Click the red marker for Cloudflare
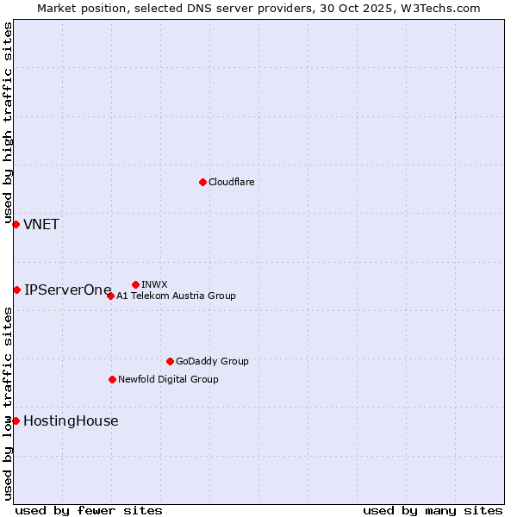(202, 182)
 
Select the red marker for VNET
(16, 224)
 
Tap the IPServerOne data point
(16, 290)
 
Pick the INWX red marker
(135, 284)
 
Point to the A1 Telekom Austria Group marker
(110, 296)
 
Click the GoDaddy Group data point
(170, 361)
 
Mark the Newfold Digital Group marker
(112, 379)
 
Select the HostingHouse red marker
(16, 420)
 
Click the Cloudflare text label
(231, 182)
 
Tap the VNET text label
(41, 225)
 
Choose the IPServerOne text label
(68, 290)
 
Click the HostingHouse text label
(71, 421)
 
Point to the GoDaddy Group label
(212, 361)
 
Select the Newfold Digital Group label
(168, 379)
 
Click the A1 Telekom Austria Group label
(176, 296)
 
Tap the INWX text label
(154, 284)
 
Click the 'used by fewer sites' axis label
(89, 510)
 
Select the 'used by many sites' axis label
(433, 510)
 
